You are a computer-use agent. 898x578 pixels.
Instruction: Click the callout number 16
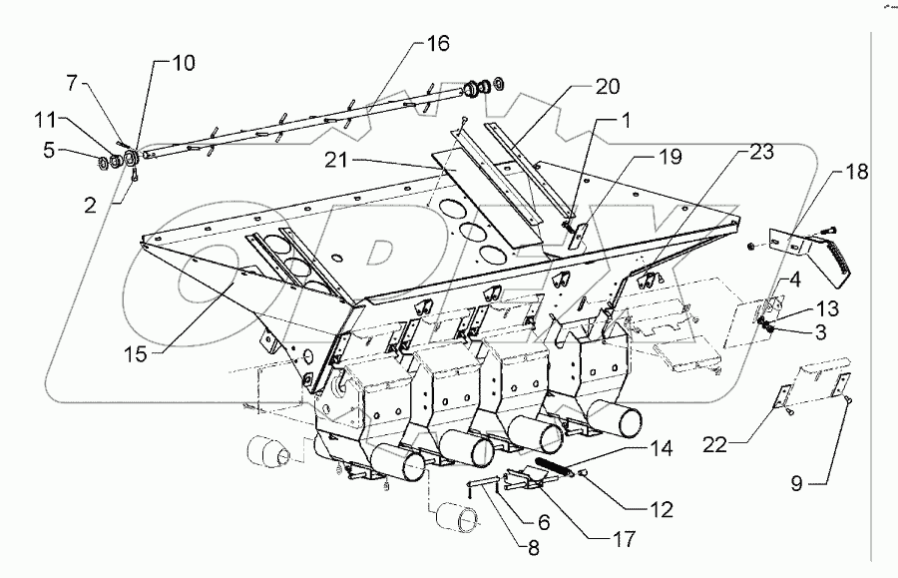click(x=438, y=44)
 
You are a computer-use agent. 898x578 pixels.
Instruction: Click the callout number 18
click(x=855, y=172)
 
